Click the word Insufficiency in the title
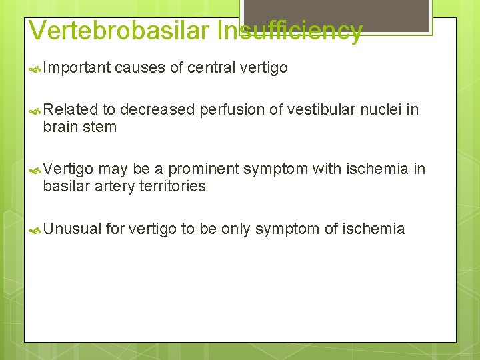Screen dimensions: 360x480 coord(291,31)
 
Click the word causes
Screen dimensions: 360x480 coord(141,67)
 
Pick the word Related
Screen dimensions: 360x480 coord(70,109)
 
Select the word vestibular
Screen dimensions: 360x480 coord(310,109)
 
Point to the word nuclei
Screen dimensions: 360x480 coord(382,109)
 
